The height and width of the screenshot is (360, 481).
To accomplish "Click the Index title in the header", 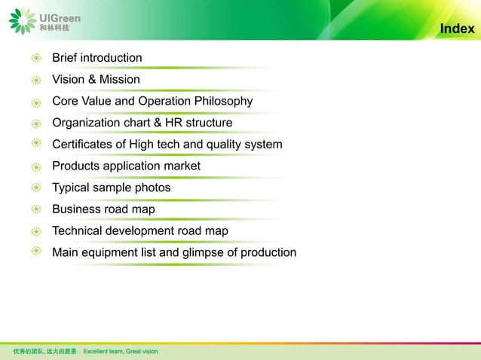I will coord(457,29).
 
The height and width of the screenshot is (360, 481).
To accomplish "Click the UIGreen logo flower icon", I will coord(22,20).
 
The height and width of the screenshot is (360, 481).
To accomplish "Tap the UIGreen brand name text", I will coord(60,17).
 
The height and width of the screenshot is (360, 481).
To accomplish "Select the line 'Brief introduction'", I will coord(97,58).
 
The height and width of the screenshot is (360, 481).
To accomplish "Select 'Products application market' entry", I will coord(126,166).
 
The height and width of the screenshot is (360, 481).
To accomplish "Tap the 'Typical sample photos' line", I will coord(111,188).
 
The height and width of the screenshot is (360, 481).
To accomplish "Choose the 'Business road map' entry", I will coord(103,209).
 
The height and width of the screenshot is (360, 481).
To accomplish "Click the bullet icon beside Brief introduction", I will coord(36,58).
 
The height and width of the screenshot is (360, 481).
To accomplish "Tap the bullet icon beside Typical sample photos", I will coord(36,188).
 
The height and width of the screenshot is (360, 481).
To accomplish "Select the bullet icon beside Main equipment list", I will coord(36,252).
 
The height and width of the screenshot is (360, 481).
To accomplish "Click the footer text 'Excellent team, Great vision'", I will coord(121,352).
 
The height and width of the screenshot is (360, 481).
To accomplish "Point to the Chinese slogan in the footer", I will coord(44,352).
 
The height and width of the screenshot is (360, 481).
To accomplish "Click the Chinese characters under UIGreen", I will coord(54,28).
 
